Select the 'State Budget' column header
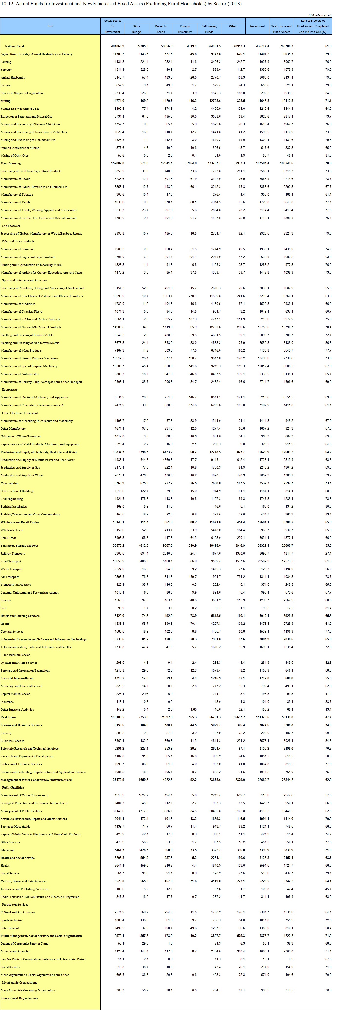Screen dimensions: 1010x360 coord(137,29)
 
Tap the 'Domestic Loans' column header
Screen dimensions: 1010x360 coord(161,29)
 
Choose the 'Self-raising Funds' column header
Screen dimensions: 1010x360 coord(209,29)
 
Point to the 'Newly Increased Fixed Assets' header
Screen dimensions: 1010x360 coord(281,29)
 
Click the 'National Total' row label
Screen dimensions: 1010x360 coord(14,46)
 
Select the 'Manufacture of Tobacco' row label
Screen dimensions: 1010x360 coord(17,195)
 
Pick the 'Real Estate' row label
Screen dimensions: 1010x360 coord(8,717)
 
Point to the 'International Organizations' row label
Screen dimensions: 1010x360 coord(19,998)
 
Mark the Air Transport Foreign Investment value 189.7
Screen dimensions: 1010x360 coord(192,577)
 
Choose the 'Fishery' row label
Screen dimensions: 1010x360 coord(6,85)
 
